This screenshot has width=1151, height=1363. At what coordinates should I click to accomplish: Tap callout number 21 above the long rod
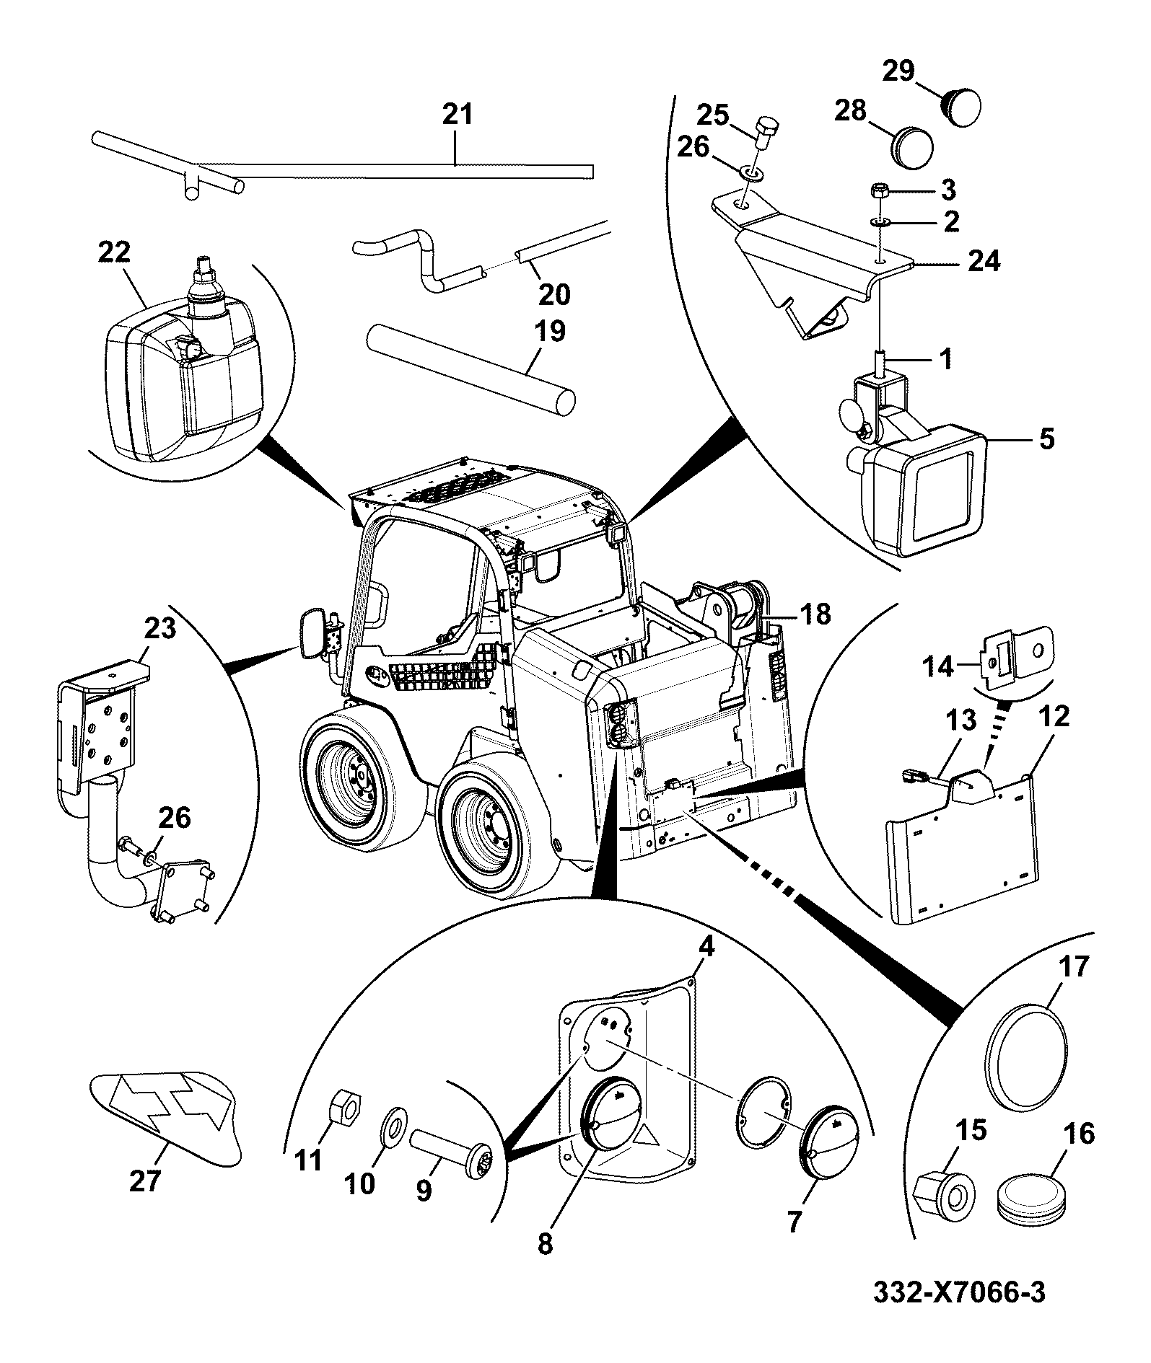[458, 114]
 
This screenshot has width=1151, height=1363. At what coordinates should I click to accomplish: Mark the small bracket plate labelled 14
[1017, 654]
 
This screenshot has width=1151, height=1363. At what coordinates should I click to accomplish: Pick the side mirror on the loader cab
[315, 633]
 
